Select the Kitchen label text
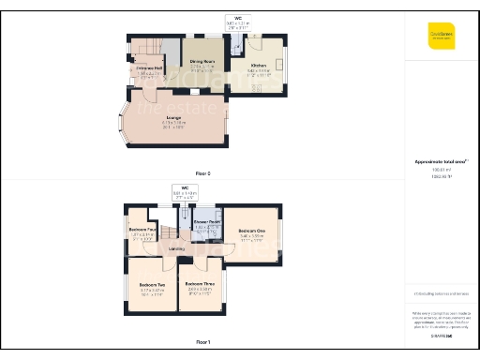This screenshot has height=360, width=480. [x=258, y=65]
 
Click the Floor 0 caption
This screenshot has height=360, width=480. [x=202, y=173]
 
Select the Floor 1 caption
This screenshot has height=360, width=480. [x=202, y=342]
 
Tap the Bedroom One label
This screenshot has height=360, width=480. [x=251, y=231]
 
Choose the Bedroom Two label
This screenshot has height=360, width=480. [x=153, y=284]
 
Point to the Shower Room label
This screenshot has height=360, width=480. [x=207, y=221]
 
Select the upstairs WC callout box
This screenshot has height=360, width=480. [x=192, y=191]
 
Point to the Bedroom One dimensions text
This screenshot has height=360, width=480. [x=251, y=237]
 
